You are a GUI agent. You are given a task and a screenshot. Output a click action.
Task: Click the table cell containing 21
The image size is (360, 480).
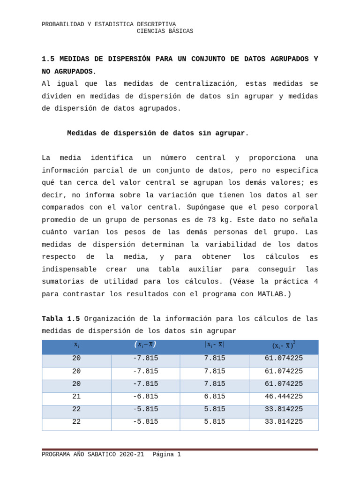point(76,397)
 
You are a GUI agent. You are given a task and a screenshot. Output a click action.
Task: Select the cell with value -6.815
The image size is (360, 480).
point(145,397)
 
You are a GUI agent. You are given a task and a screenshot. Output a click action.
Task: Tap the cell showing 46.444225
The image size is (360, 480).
point(284,397)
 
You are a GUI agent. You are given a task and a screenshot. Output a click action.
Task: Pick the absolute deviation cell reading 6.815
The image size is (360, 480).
point(214,397)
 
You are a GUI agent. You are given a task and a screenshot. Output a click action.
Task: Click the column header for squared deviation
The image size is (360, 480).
point(284,345)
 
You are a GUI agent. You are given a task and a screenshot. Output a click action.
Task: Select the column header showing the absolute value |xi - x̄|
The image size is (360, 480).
point(214,345)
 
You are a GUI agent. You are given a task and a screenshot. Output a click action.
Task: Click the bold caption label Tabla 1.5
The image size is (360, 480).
point(60,319)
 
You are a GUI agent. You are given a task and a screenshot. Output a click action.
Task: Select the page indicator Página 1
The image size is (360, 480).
point(166,455)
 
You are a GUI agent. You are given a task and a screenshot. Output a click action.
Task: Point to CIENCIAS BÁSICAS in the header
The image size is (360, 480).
point(165,31)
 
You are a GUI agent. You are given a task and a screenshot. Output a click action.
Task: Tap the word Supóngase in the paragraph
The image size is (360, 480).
point(209,208)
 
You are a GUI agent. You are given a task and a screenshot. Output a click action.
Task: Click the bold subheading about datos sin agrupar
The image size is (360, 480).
point(157,133)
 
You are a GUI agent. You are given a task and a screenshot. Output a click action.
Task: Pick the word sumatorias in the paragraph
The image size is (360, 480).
point(63,282)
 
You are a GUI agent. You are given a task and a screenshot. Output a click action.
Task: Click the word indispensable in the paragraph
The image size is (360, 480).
point(69,270)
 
